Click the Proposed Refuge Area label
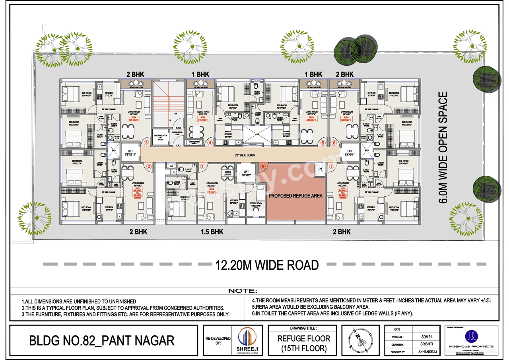(x=295, y=196)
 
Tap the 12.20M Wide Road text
(x=267, y=265)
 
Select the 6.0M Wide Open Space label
(x=443, y=148)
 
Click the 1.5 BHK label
(x=211, y=232)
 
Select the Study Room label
(x=256, y=204)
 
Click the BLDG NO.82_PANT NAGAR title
(x=102, y=341)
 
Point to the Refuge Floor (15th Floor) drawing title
(x=303, y=343)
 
